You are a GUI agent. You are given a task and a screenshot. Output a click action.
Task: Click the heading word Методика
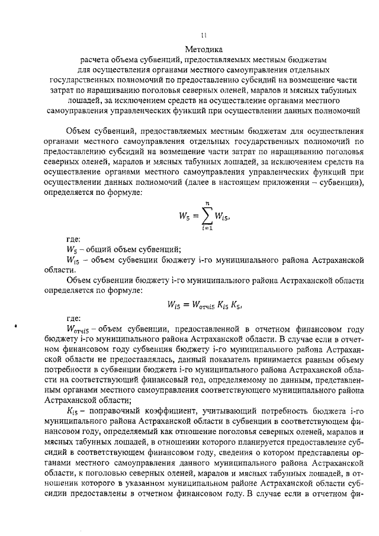(x=203, y=50)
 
